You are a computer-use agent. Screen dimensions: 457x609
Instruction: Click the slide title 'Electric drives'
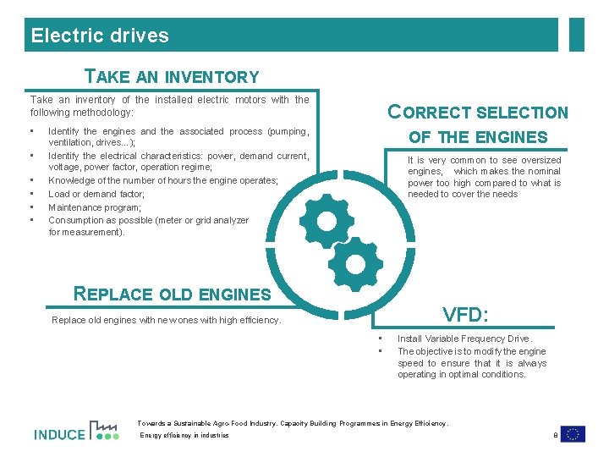pos(100,36)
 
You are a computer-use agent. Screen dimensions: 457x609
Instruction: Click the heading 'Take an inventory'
pos(172,77)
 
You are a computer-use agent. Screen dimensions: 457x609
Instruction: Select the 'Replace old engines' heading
pos(173,295)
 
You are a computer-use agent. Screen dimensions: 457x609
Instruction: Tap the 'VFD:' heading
pos(466,315)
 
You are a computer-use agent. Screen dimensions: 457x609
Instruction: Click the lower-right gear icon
pos(355,265)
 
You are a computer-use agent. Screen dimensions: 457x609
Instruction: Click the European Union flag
pos(573,434)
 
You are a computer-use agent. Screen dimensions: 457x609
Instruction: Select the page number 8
pos(554,435)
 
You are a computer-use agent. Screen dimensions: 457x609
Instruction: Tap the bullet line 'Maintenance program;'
pos(95,207)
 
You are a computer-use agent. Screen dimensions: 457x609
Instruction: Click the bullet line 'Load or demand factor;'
pos(96,194)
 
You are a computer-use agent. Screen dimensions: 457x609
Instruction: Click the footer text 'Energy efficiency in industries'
pos(184,436)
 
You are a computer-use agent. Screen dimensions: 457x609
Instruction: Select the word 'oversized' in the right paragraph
pos(540,160)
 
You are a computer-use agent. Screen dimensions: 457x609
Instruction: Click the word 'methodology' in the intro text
pos(105,113)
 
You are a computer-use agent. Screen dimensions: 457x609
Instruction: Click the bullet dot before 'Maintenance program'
pos(31,207)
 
